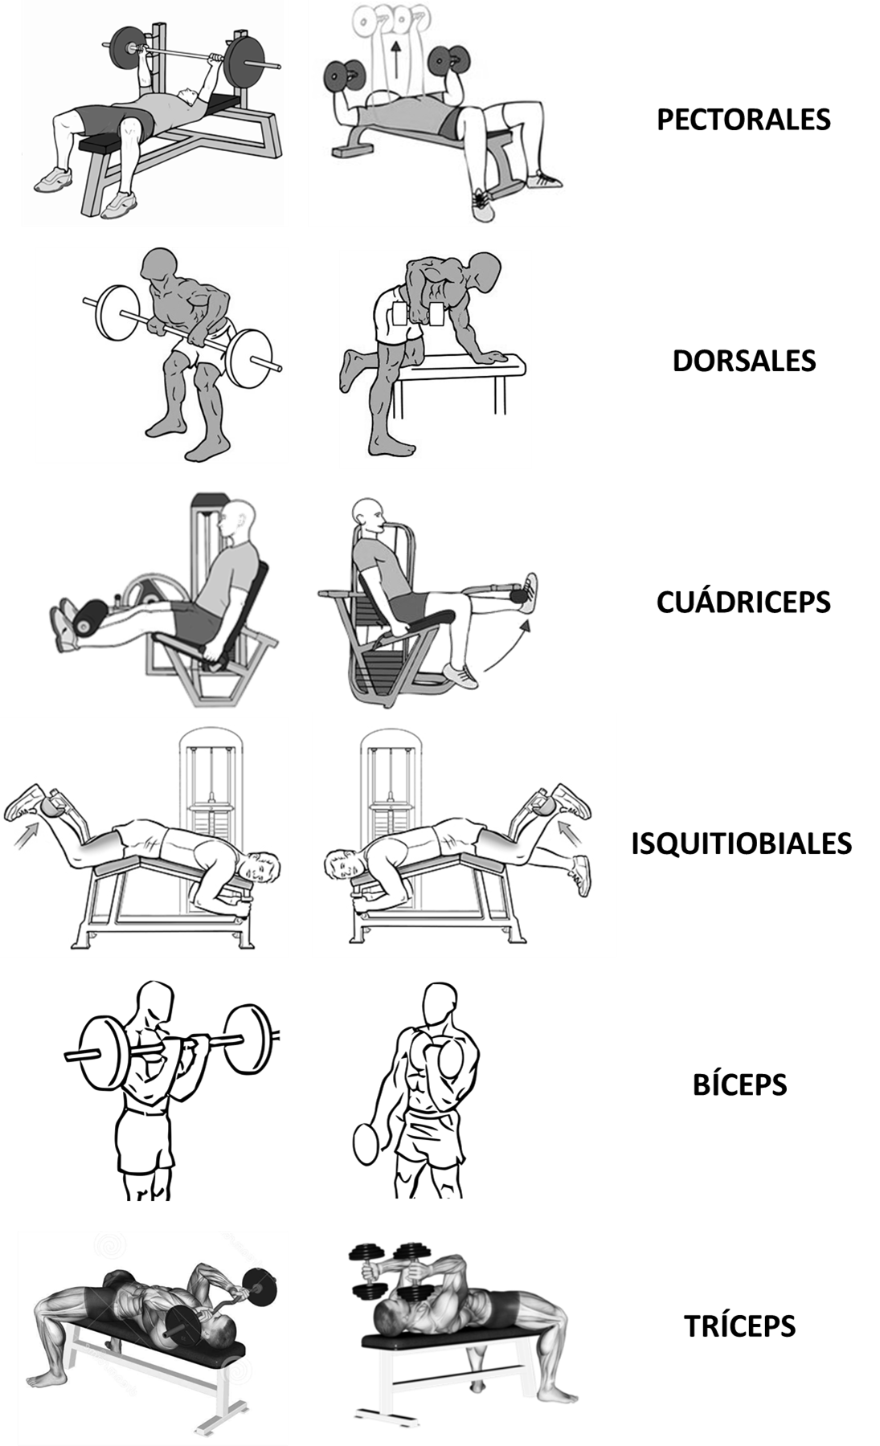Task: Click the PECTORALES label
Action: (743, 120)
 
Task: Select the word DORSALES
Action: (744, 361)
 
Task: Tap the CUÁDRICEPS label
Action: (743, 602)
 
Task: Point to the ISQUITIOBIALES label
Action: (741, 843)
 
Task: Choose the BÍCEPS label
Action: (739, 1084)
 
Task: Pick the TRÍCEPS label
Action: (739, 1325)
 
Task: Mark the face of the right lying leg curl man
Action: (342, 867)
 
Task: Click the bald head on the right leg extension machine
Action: (368, 514)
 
